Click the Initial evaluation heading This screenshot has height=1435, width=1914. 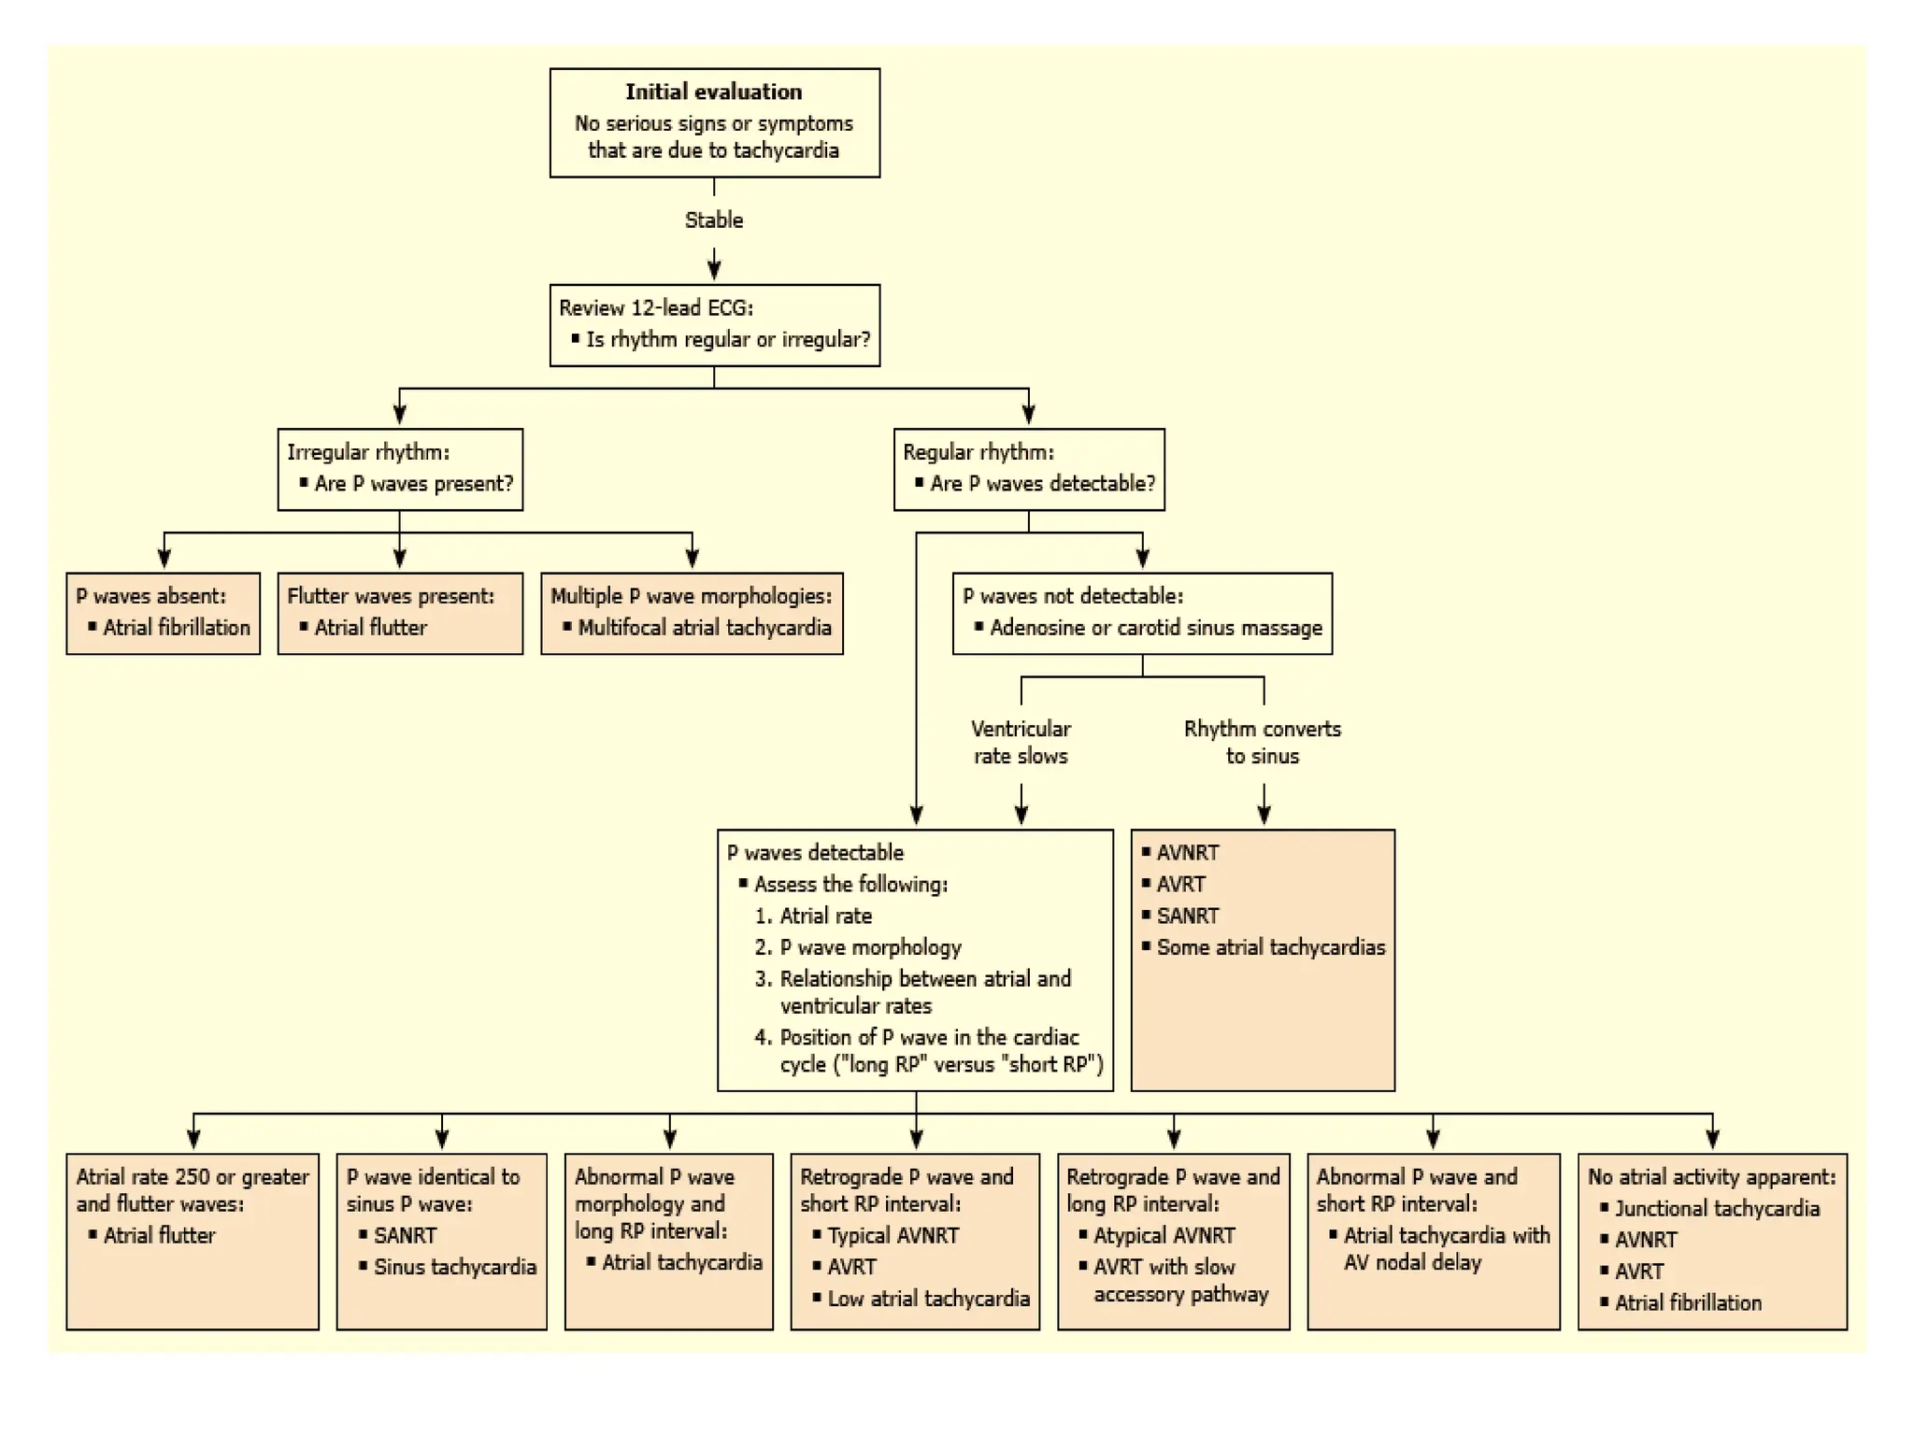713,92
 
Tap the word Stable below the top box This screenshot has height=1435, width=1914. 714,220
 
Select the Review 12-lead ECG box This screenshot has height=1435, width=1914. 714,324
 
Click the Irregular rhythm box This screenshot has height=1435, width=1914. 399,469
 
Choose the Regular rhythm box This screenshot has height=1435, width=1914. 1028,469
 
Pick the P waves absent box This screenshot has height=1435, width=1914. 163,613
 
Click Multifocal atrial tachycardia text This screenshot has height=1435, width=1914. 704,628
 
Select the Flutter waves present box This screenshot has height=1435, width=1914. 399,613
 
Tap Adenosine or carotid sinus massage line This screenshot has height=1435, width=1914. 1155,628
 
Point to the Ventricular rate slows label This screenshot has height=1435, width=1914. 1021,742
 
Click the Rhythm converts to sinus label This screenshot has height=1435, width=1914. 1262,742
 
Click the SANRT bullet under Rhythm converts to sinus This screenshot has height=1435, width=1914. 1187,916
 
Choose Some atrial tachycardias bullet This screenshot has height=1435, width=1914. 1270,947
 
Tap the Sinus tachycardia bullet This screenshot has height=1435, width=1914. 454,1267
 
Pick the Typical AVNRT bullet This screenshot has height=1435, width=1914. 893,1235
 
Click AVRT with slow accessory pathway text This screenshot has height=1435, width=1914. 1179,1280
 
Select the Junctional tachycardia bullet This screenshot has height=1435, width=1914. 1717,1209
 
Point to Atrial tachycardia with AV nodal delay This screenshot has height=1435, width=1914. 1445,1249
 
